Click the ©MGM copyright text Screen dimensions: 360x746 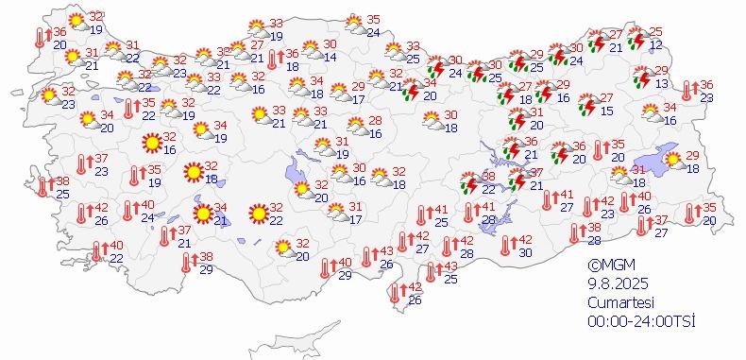[608, 266]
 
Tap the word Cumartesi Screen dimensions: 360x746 [616, 301]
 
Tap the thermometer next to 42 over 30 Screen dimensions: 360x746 [506, 245]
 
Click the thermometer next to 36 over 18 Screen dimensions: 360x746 [272, 60]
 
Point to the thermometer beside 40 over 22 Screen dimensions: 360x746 [96, 251]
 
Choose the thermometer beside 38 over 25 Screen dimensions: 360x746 [42, 186]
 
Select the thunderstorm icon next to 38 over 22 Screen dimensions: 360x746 [468, 182]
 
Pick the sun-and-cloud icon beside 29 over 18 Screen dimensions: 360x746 [674, 161]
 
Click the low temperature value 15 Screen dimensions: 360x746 [606, 111]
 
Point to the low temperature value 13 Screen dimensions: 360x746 [661, 84]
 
